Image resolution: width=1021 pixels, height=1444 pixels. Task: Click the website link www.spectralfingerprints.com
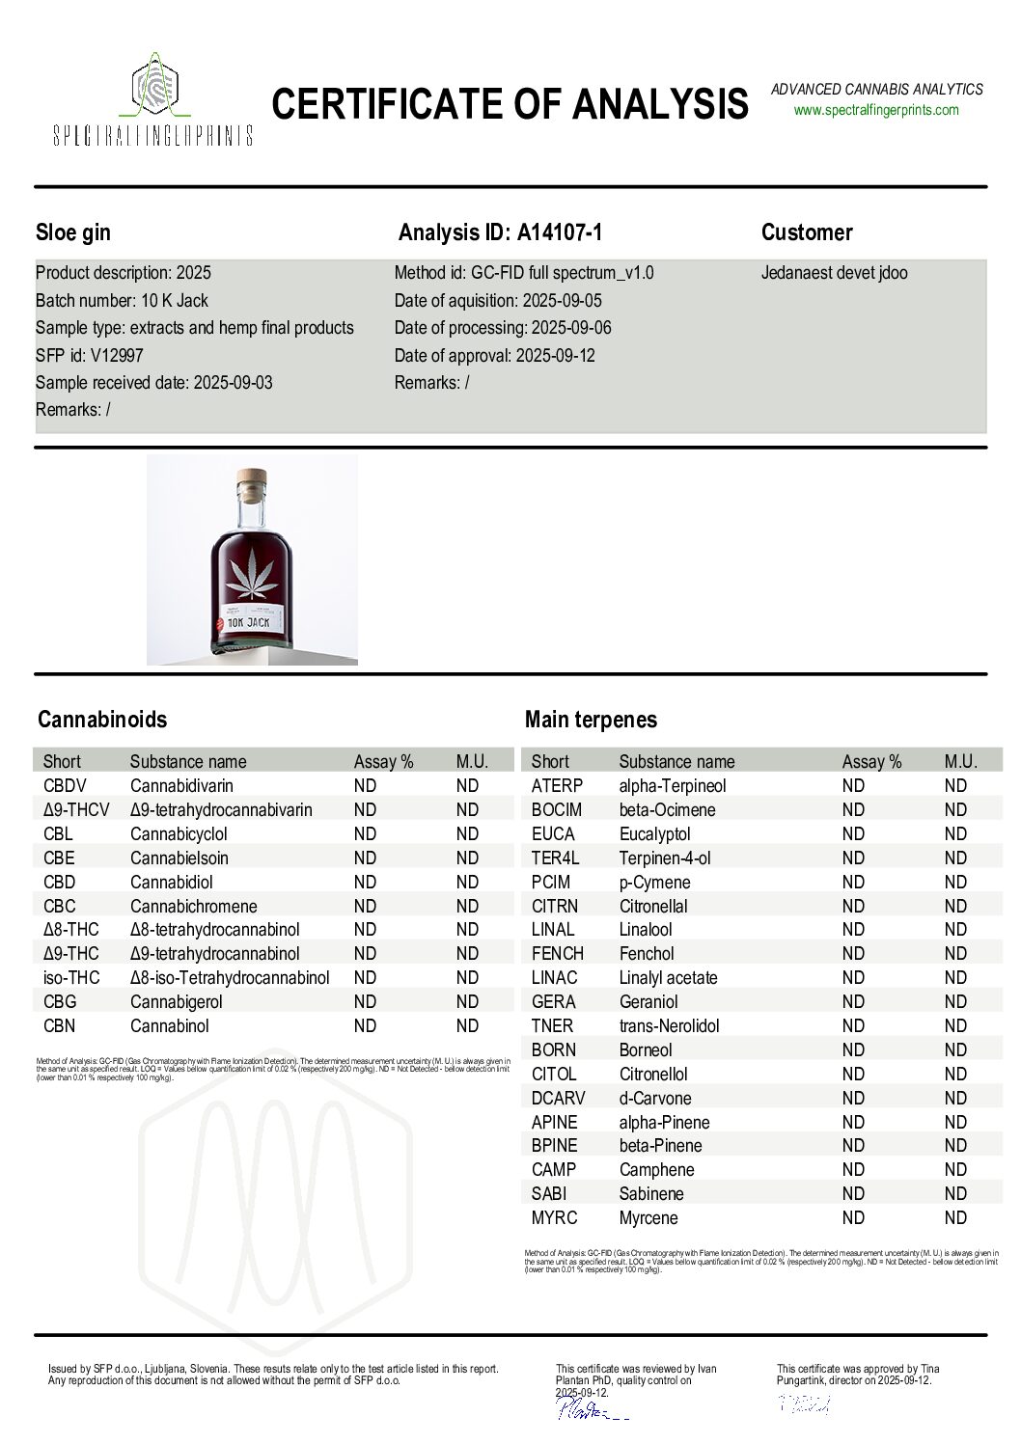point(876,110)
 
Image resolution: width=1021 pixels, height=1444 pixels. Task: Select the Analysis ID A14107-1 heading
point(500,232)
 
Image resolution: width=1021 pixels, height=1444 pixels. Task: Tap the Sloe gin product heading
point(73,232)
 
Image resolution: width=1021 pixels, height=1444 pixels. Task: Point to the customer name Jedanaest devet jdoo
point(834,273)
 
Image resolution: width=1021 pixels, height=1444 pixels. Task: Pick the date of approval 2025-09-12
point(555,355)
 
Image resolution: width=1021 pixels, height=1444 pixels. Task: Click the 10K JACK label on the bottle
point(249,622)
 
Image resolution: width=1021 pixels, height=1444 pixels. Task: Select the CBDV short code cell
point(65,786)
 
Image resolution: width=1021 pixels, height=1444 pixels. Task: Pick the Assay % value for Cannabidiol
point(365,882)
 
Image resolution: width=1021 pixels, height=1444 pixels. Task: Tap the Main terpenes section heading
point(591,720)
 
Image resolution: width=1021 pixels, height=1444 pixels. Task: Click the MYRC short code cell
point(554,1218)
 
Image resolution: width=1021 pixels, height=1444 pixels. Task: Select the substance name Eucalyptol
point(654,834)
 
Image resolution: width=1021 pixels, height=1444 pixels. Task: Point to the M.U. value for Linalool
point(955,930)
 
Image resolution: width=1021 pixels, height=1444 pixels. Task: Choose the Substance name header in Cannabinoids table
point(188,761)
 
